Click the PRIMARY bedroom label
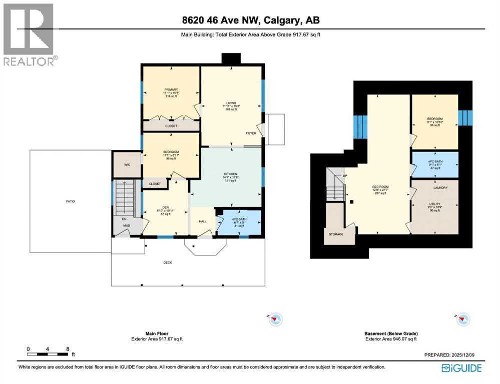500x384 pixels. coord(171,89)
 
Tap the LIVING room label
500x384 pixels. coord(231,103)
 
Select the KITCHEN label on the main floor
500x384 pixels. coord(230,173)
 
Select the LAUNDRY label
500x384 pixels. coord(440,187)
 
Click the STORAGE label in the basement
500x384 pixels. coord(336,234)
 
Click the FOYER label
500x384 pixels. coord(251,133)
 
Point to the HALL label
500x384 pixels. coord(203,221)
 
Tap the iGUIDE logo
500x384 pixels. coord(461,368)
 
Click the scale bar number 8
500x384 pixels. coord(67,349)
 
